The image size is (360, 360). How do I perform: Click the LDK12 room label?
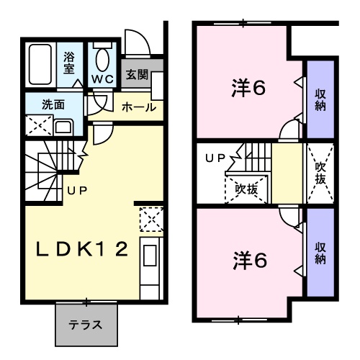[82, 249]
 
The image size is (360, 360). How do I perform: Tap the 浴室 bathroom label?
[69, 63]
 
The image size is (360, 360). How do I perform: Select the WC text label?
[102, 79]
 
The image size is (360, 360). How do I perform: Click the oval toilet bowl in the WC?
[102, 60]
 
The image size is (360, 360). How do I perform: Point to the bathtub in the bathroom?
[40, 64]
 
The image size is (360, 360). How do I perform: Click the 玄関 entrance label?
[137, 74]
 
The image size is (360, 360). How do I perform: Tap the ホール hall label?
[139, 107]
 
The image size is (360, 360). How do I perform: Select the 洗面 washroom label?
[53, 104]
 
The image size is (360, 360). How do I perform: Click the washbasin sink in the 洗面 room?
[63, 127]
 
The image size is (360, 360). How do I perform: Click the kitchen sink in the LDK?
[150, 256]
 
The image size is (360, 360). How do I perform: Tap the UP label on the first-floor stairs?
[77, 191]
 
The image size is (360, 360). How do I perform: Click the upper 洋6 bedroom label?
[248, 88]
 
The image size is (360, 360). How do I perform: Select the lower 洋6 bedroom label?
[250, 261]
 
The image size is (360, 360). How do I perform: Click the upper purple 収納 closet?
[320, 99]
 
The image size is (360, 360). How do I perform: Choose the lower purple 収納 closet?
[320, 252]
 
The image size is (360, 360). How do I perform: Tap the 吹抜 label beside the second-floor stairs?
[246, 189]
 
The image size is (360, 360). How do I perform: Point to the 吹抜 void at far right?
[320, 174]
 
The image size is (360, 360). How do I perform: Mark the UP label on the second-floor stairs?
[215, 158]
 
